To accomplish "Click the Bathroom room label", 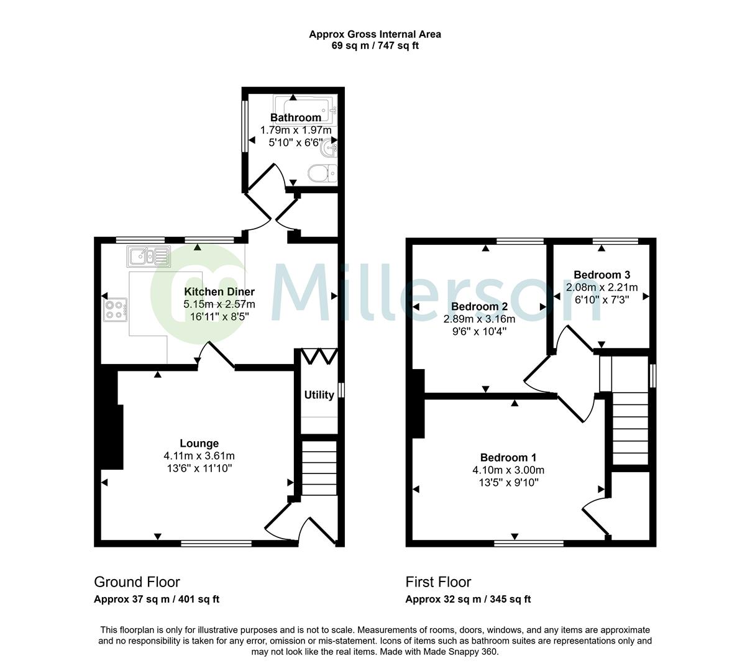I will [x=295, y=117].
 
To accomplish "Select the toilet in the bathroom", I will [x=321, y=172].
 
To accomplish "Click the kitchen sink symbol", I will [x=148, y=255].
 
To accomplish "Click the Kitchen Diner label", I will [x=219, y=291].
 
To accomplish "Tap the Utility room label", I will [x=319, y=395].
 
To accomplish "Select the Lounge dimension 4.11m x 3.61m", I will [x=199, y=455].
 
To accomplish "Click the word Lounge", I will [x=199, y=443].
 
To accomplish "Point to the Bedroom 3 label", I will [x=601, y=275].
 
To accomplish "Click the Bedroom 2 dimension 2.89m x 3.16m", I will [x=479, y=319].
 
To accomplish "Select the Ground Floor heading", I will [x=137, y=582].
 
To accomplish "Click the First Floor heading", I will [x=438, y=582].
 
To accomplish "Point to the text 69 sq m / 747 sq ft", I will [x=375, y=45].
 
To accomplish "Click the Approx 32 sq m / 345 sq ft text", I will [x=468, y=600].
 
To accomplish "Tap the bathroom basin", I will [x=327, y=148].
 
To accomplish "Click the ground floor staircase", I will [x=319, y=469].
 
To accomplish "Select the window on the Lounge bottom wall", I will [x=216, y=544].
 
